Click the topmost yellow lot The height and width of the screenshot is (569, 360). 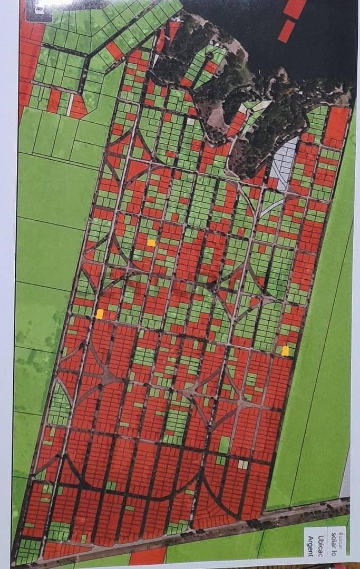point(151,243)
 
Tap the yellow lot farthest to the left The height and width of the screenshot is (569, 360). point(100,314)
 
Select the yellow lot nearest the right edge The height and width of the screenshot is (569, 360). point(285,351)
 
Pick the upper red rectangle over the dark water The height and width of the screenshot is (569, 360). point(295,7)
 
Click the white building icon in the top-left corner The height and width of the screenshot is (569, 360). point(39,6)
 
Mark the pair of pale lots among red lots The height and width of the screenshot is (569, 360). point(242,464)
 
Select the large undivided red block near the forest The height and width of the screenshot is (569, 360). point(337,126)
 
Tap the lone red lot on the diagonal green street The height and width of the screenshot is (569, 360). point(114,51)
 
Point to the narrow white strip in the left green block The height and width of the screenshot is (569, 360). point(70,104)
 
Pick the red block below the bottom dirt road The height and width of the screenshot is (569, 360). point(148,556)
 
